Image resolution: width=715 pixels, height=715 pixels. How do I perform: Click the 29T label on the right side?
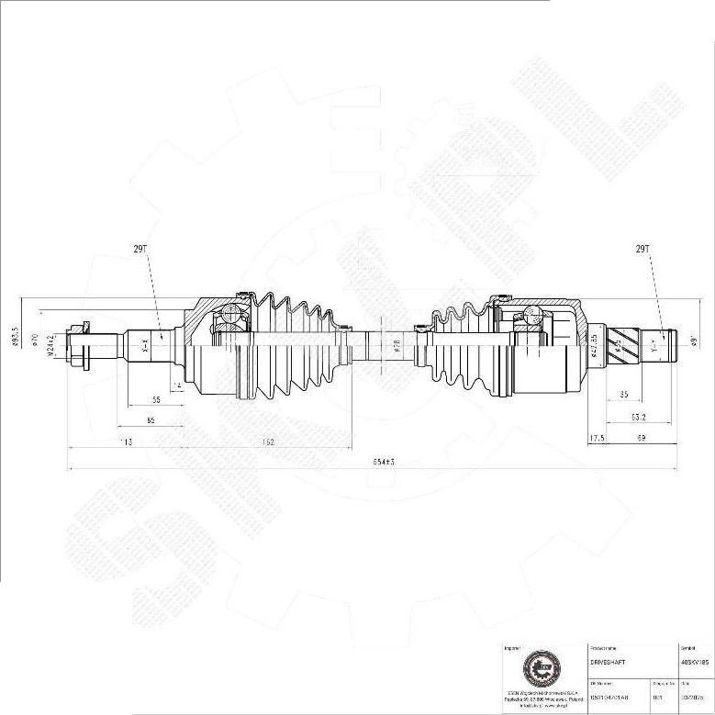click(642, 249)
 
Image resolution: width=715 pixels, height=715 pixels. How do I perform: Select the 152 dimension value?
click(268, 442)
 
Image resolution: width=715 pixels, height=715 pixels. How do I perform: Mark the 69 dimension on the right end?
click(642, 439)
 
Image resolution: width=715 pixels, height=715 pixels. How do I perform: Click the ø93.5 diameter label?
click(16, 338)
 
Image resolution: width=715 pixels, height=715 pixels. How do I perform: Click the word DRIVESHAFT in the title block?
click(607, 661)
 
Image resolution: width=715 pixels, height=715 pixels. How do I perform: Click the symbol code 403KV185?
click(694, 661)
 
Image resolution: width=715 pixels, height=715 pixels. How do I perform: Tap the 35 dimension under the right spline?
click(624, 395)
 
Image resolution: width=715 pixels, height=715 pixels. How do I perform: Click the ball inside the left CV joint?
click(229, 319)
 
